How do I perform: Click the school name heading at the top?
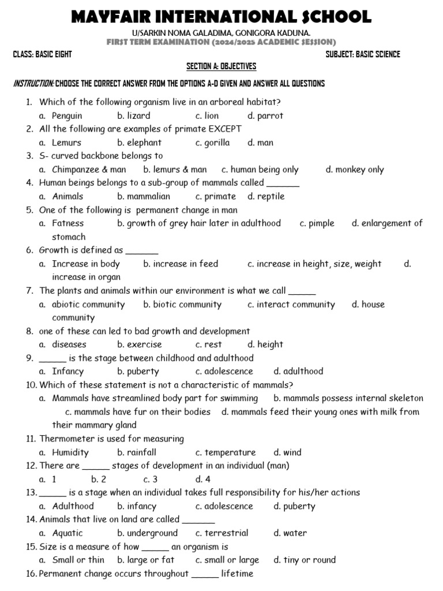[x=221, y=17]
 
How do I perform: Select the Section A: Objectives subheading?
[x=221, y=66]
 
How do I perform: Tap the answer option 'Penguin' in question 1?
[x=67, y=115]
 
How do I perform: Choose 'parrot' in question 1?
[x=269, y=115]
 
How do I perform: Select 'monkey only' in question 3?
[x=359, y=170]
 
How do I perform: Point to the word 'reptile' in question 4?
[x=271, y=196]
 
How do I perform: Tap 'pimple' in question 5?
[x=321, y=223]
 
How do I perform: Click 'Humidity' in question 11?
[x=70, y=452]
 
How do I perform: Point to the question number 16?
[x=31, y=574]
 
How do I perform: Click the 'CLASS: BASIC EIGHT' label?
[x=43, y=54]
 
